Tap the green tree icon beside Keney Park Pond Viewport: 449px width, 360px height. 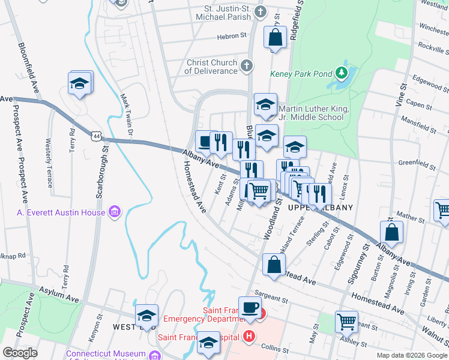(342, 73)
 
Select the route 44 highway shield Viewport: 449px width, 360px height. (97, 136)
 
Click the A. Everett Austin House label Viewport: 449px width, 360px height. (62, 212)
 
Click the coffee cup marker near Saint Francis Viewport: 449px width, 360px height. (250, 308)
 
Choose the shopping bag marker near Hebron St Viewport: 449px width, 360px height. (275, 38)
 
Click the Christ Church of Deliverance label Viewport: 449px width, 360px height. (212, 67)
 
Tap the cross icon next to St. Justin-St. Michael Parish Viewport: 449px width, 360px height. (261, 11)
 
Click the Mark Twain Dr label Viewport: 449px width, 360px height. (127, 113)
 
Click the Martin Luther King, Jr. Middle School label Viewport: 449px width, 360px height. (311, 113)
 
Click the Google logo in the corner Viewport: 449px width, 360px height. (20, 352)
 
